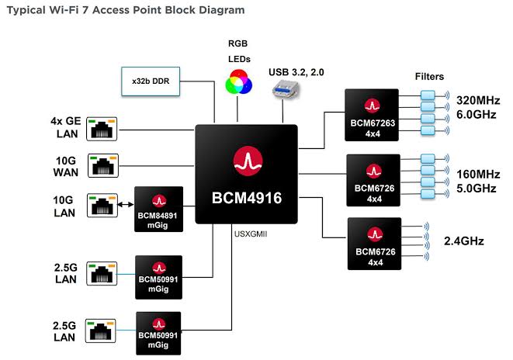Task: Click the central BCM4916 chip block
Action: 246,174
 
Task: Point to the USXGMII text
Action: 249,233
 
